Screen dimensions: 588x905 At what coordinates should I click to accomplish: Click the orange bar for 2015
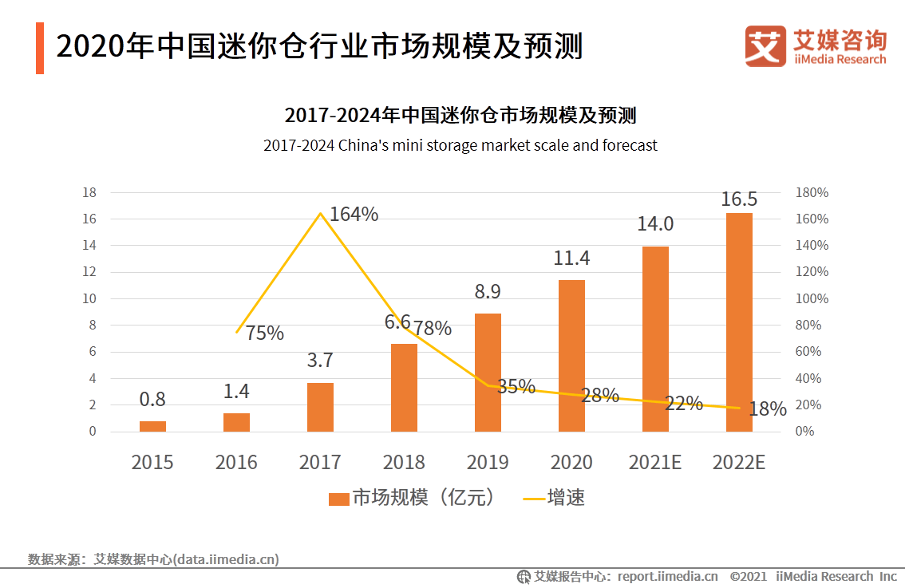tap(152, 426)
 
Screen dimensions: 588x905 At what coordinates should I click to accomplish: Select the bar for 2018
tap(404, 388)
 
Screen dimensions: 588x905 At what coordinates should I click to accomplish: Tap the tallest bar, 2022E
tap(739, 322)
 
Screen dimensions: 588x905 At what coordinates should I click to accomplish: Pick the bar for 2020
tap(571, 356)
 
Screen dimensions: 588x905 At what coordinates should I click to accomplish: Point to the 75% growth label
tap(264, 333)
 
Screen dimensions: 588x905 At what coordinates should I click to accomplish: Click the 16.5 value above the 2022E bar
tap(739, 199)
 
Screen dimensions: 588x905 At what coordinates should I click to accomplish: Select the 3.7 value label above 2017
tap(320, 361)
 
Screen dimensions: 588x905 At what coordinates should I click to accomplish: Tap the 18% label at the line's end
tap(768, 409)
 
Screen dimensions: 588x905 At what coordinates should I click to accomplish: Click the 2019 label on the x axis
tap(488, 463)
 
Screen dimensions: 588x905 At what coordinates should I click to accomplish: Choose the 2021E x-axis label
tap(655, 463)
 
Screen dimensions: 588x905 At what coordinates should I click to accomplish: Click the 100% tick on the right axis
tap(812, 298)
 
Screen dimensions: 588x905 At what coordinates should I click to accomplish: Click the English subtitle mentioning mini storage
tap(460, 145)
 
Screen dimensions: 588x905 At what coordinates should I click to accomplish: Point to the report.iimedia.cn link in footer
tap(667, 576)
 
